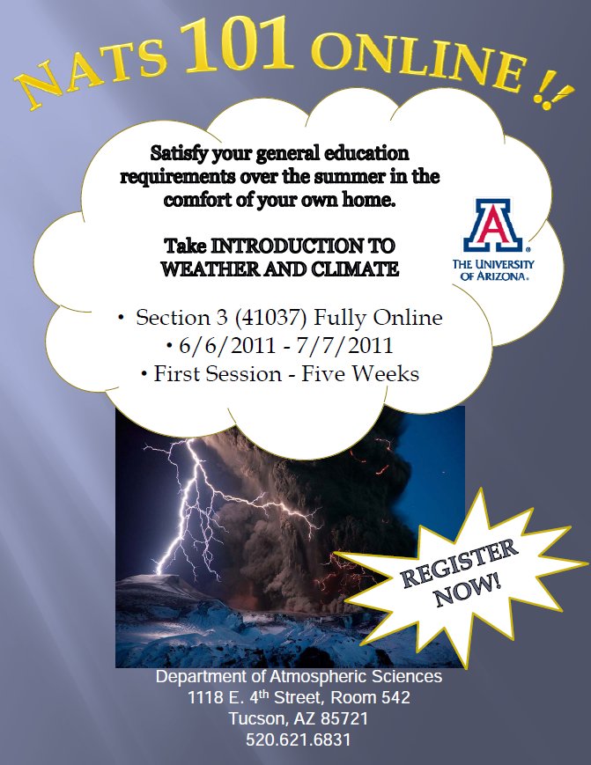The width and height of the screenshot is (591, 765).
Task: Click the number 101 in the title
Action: (x=237, y=44)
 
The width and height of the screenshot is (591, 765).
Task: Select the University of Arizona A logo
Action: (x=493, y=224)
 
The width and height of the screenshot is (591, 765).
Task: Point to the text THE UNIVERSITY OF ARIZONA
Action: (x=493, y=269)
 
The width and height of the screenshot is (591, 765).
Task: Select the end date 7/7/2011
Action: (x=344, y=345)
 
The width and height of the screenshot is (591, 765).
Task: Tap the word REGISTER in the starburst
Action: (x=459, y=563)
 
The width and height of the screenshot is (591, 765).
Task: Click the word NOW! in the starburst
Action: (x=468, y=591)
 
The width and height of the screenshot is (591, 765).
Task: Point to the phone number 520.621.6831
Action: (x=299, y=739)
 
